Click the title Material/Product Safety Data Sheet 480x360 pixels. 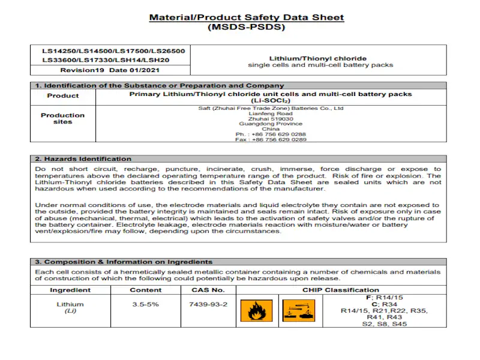click(247, 17)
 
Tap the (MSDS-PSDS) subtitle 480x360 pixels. click(247, 27)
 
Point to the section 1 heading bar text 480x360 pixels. click(160, 86)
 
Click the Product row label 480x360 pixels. click(63, 96)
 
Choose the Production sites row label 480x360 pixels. click(63, 118)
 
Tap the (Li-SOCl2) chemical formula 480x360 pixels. click(271, 101)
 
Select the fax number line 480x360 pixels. click(271, 139)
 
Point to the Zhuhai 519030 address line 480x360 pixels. click(271, 119)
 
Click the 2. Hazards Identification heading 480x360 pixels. click(83, 159)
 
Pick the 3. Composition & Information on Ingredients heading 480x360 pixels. click(124, 262)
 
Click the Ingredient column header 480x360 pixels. click(70, 290)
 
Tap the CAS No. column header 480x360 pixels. click(208, 290)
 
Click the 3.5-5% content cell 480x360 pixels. click(145, 304)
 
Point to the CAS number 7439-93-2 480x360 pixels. click(208, 304)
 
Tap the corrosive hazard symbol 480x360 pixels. click(295, 311)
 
